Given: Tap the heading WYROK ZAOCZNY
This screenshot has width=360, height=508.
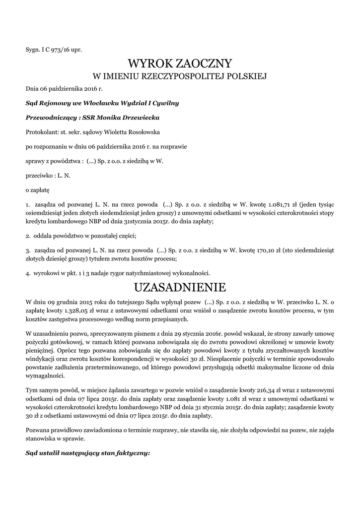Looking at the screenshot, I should point(180,63).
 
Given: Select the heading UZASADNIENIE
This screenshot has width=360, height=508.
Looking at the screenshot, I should point(180,287).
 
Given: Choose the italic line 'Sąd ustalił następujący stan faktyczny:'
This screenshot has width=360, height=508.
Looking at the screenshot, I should point(87,453).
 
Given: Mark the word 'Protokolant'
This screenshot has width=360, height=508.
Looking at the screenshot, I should point(41,131).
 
